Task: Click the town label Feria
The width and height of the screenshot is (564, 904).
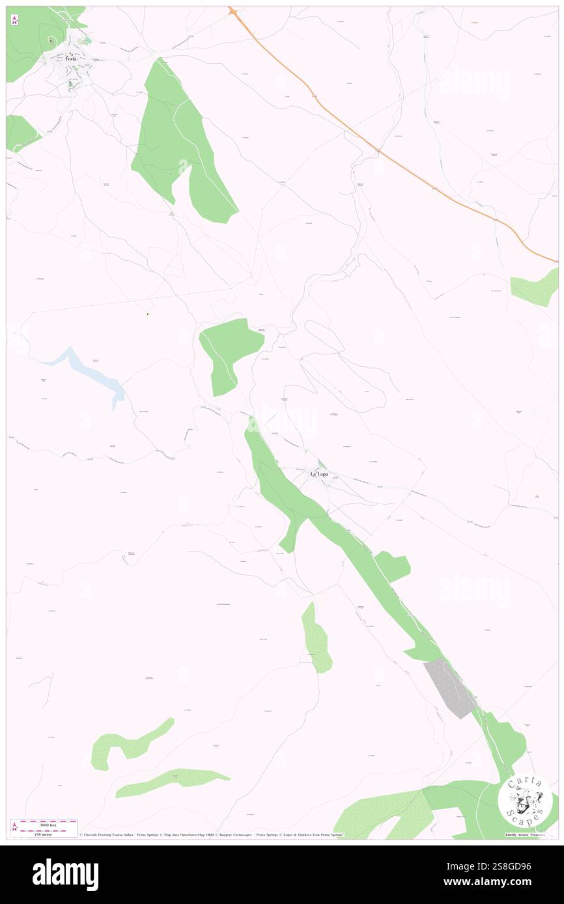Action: coord(70,59)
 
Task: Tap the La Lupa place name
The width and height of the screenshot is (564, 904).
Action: coord(318,474)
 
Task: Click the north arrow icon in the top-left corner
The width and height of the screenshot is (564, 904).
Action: coord(14,20)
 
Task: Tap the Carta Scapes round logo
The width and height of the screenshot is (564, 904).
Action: coord(525,801)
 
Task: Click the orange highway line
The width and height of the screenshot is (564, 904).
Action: coord(391,156)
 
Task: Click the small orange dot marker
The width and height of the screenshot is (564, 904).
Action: coord(148,315)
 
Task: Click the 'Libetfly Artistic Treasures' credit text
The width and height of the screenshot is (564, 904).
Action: coord(528,834)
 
